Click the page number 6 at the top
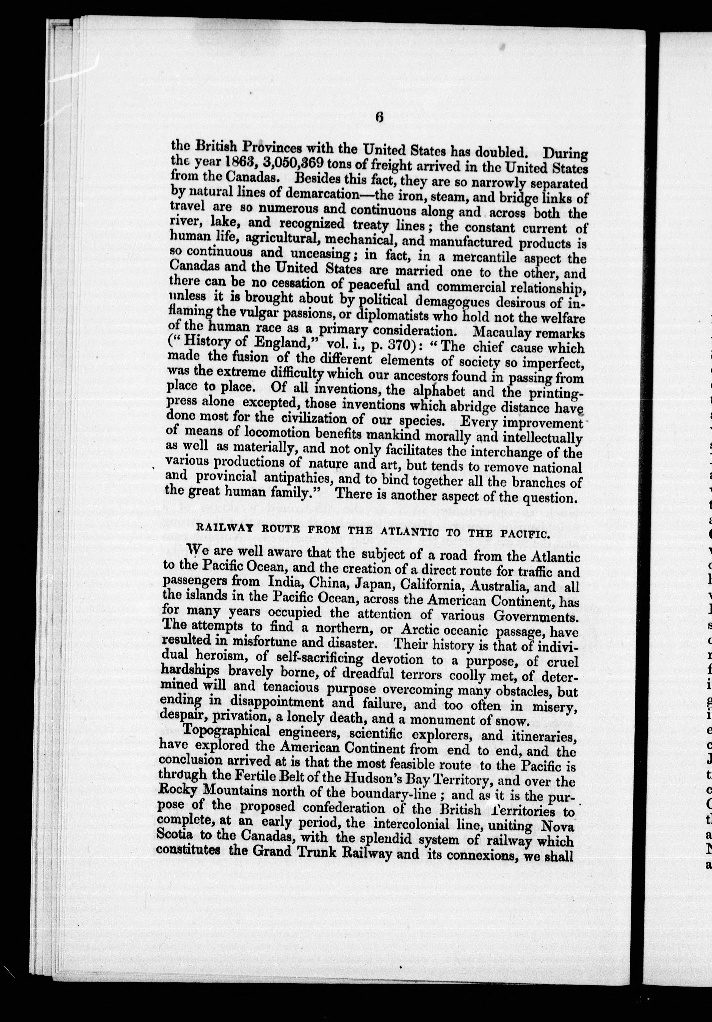click(379, 117)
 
